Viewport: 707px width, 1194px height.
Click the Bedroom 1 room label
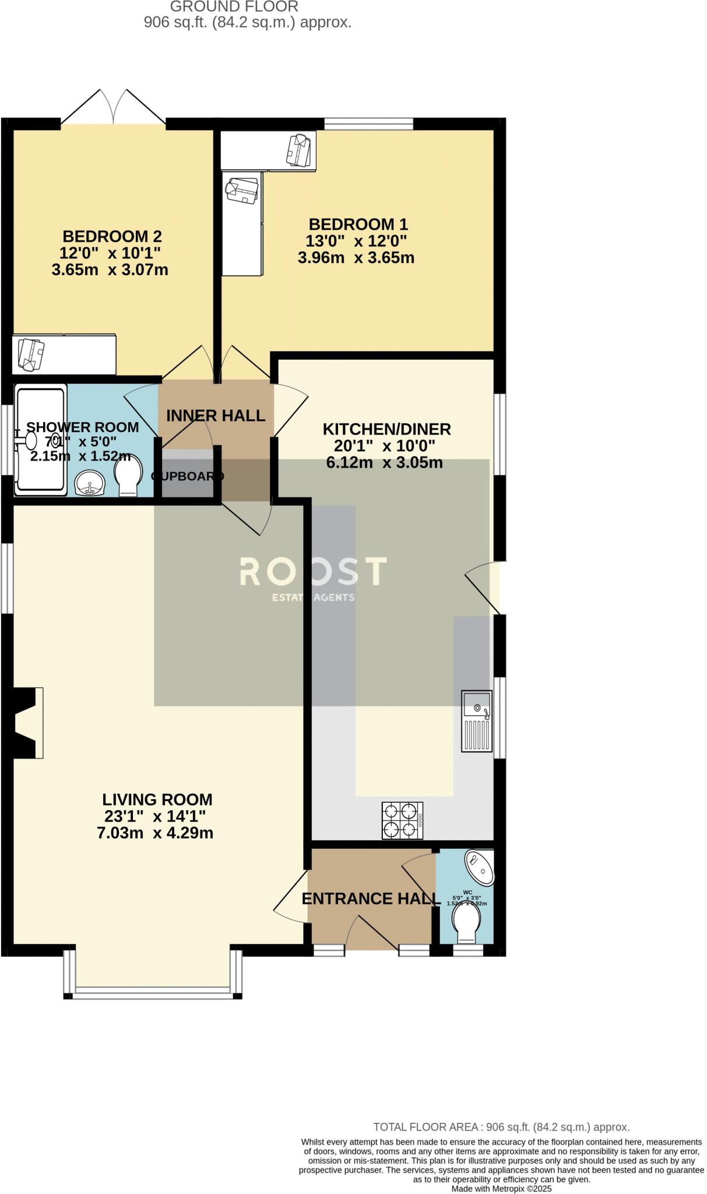click(358, 224)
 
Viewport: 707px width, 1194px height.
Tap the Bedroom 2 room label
click(112, 237)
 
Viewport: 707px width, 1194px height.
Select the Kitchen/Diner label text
click(386, 430)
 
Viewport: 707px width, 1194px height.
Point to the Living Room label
click(157, 799)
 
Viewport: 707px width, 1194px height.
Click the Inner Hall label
click(216, 416)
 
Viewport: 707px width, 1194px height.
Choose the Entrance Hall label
click(371, 899)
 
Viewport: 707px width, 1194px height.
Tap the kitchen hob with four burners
click(402, 820)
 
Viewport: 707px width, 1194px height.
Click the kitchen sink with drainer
click(477, 721)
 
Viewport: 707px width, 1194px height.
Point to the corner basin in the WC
click(480, 867)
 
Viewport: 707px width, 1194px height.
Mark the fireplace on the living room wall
click(26, 722)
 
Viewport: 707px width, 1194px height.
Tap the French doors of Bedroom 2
click(113, 108)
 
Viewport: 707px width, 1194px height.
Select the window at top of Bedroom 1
click(368, 124)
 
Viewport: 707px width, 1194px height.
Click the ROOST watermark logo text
click(313, 572)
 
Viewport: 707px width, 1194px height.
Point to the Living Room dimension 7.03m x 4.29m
click(155, 833)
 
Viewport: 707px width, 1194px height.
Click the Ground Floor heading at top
click(234, 7)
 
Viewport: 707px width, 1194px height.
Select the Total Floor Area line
click(501, 1127)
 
